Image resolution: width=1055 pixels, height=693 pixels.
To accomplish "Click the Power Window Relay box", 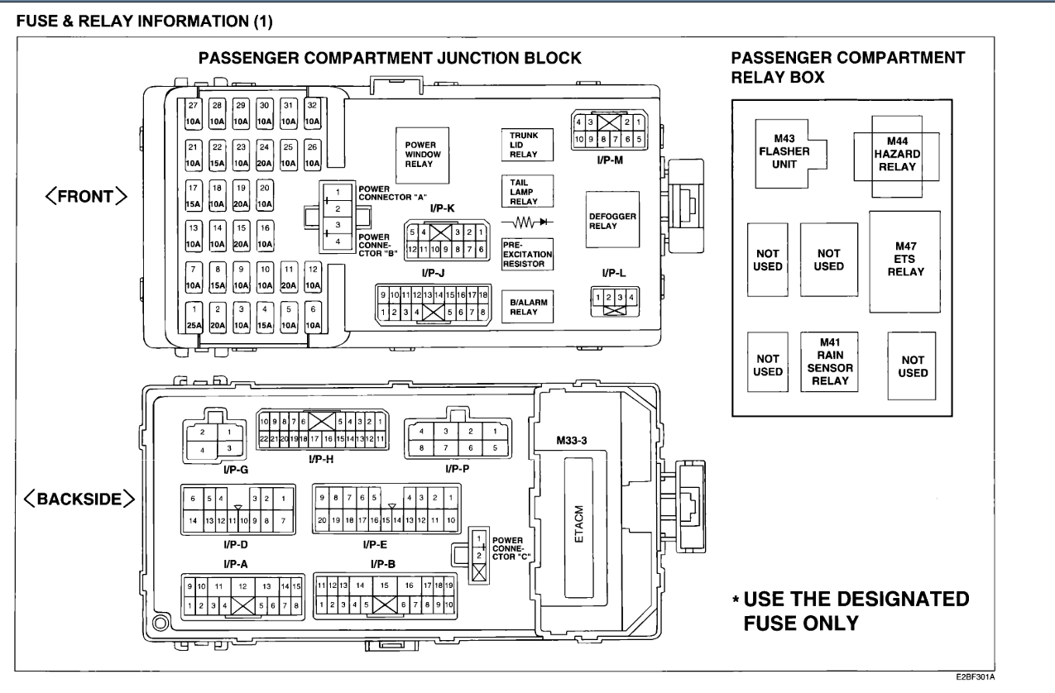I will (x=421, y=155).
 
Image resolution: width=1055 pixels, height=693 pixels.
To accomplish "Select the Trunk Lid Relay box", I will (x=525, y=145).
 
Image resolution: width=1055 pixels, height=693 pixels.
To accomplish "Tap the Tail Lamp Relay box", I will (x=525, y=190).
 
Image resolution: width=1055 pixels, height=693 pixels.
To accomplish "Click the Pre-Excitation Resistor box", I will (x=525, y=255).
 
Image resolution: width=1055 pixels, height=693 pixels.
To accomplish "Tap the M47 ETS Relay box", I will (x=904, y=260).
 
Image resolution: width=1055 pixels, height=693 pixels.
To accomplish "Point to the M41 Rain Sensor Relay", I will (x=828, y=363).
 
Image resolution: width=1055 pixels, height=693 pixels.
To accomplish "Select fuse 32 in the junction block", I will (x=312, y=113).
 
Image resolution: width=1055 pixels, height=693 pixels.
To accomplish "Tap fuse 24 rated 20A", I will (x=265, y=155).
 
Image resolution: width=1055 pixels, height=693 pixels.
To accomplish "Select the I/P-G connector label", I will (x=213, y=469).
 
